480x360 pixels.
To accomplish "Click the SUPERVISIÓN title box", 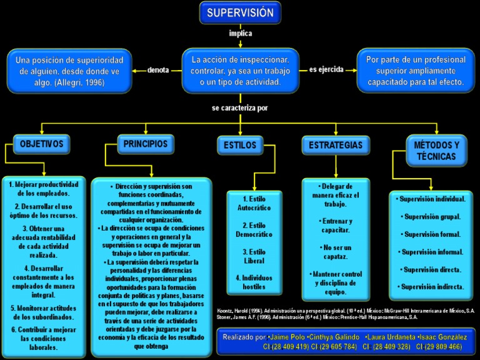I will pyautogui.click(x=240, y=12).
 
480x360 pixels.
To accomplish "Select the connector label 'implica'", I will pyautogui.click(x=241, y=33).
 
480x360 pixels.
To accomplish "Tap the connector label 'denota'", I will pyautogui.click(x=157, y=70).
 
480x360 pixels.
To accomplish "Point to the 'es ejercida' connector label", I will pyautogui.click(x=326, y=69).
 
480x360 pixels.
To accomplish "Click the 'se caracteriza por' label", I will pyautogui.click(x=240, y=107).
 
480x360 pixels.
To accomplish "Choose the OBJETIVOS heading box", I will pyautogui.click(x=42, y=144).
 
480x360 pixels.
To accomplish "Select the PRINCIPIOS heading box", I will pyautogui.click(x=145, y=144).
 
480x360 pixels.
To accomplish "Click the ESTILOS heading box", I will pyautogui.click(x=240, y=145).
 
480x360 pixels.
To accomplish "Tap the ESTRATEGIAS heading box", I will pyautogui.click(x=336, y=145).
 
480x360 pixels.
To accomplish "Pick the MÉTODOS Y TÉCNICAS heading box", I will pyautogui.click(x=436, y=150).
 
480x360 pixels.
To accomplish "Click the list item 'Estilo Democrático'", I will pyautogui.click(x=254, y=229).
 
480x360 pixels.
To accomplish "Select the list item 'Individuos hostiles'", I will pyautogui.click(x=254, y=282).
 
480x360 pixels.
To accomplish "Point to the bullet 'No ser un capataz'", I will pyautogui.click(x=336, y=252).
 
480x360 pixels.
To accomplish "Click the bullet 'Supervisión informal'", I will pyautogui.click(x=431, y=252).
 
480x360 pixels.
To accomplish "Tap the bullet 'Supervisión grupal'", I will pyautogui.click(x=431, y=217).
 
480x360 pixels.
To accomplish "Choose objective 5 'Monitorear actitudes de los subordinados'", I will pyautogui.click(x=44, y=312).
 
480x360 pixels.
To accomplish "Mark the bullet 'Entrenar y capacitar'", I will pyautogui.click(x=336, y=226).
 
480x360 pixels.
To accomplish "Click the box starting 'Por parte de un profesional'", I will pyautogui.click(x=415, y=70).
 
